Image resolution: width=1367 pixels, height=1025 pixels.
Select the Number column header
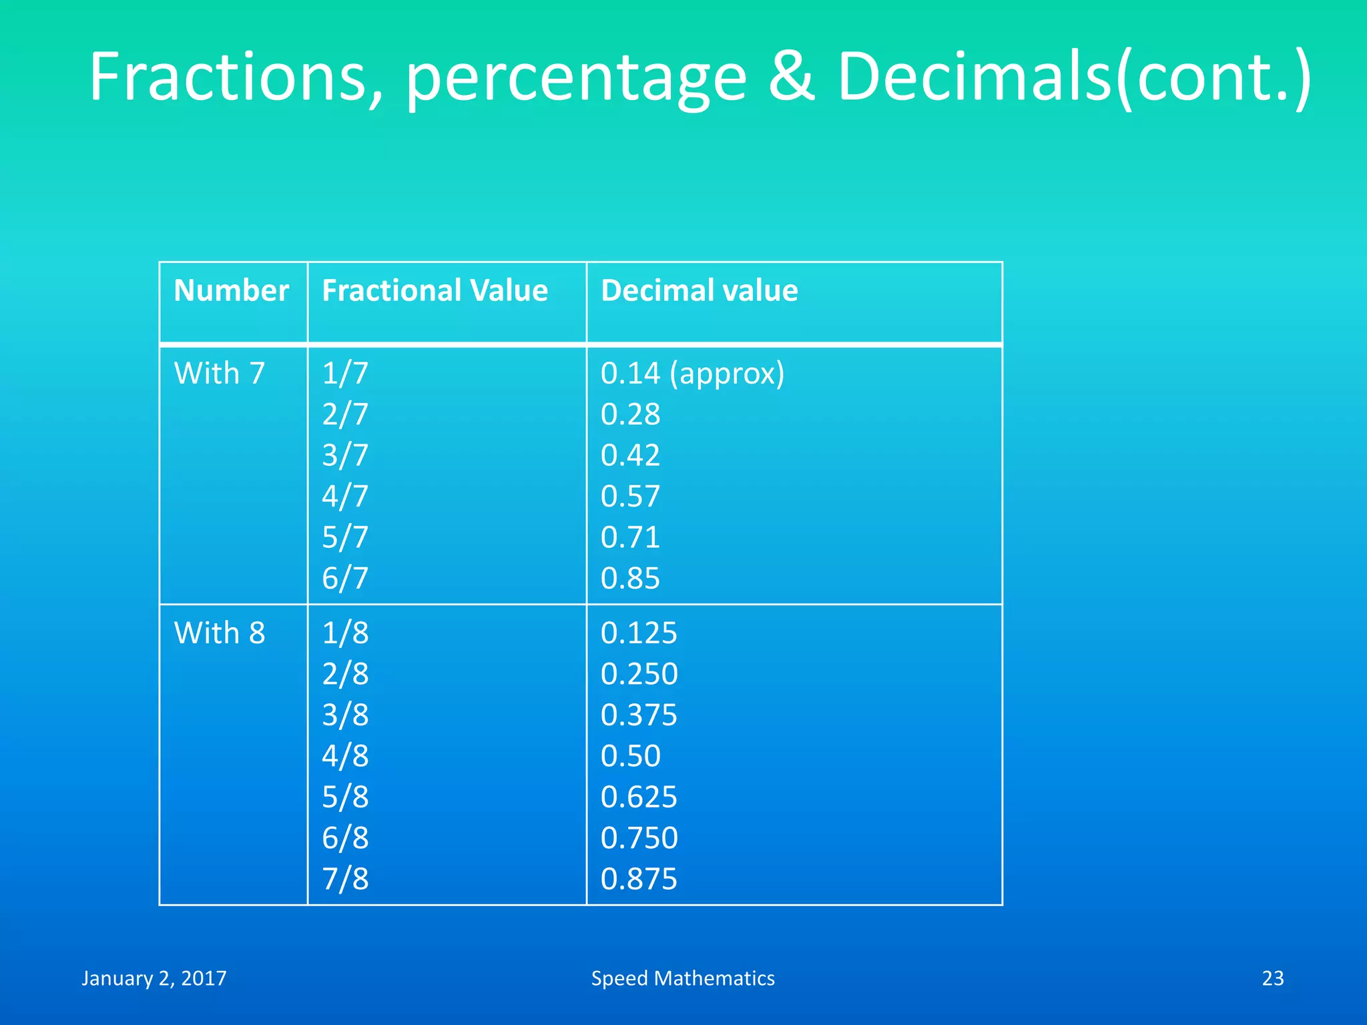tap(231, 291)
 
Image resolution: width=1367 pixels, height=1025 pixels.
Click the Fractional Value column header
tap(435, 291)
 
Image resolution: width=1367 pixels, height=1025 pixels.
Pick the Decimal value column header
tap(699, 291)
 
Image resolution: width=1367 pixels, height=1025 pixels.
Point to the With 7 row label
tap(220, 373)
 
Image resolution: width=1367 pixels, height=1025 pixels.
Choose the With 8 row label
tap(220, 633)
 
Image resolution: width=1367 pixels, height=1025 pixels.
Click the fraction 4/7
tap(345, 496)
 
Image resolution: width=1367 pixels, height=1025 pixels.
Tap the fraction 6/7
tap(345, 579)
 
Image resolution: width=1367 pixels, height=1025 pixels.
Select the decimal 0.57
tap(630, 496)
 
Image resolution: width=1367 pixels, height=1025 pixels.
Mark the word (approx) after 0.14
tap(727, 374)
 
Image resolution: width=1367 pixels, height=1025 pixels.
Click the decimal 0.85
tap(630, 579)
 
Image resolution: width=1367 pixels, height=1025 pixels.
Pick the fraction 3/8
tap(345, 715)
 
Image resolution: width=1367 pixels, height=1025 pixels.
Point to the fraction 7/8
tap(345, 879)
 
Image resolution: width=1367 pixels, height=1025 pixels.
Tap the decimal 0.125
tap(639, 633)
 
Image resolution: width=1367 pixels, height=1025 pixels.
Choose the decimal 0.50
tap(630, 756)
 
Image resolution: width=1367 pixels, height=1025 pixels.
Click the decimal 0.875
tap(639, 879)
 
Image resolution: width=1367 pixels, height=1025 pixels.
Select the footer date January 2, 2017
tap(154, 978)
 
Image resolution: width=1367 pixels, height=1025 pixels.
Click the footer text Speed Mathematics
tap(683, 978)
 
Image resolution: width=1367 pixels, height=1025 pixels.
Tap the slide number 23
tap(1272, 978)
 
